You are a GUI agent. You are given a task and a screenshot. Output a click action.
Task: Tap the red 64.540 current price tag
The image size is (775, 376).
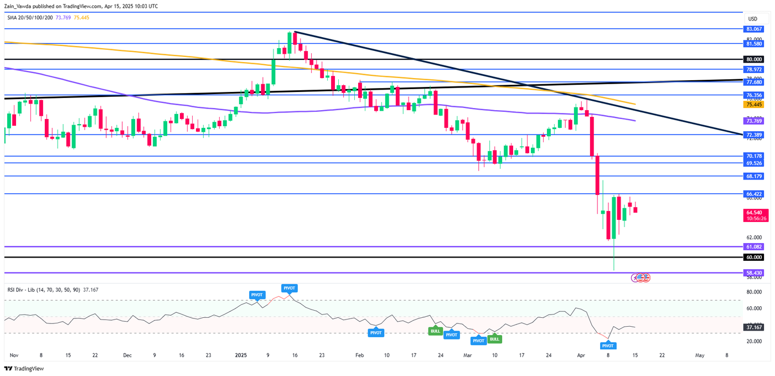pos(753,212)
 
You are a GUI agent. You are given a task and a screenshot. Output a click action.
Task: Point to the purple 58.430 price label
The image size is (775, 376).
pos(753,273)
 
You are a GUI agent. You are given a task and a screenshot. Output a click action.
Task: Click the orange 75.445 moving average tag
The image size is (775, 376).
pos(753,104)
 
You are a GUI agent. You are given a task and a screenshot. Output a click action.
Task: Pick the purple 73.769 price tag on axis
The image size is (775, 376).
pos(753,121)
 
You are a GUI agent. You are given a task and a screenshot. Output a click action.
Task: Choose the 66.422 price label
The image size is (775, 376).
pos(753,194)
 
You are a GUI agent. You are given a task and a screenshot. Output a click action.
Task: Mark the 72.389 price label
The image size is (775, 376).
pos(753,135)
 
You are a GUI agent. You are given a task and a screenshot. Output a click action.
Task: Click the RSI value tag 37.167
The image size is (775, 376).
pos(753,328)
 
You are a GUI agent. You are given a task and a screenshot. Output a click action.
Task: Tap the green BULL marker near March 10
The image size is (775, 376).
pos(494,339)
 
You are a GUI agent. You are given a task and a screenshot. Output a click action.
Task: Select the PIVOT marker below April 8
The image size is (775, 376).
pos(607,346)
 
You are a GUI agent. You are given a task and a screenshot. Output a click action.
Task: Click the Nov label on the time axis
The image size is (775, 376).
pos(14,355)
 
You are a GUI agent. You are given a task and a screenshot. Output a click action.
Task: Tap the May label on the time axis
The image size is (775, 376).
pos(700,355)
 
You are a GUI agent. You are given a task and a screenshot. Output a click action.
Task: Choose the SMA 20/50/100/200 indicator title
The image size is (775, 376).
pos(30,18)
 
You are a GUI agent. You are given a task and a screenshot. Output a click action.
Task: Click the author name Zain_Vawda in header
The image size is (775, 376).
pos(19,6)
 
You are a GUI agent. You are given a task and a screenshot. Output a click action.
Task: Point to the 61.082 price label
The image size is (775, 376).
pos(753,246)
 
